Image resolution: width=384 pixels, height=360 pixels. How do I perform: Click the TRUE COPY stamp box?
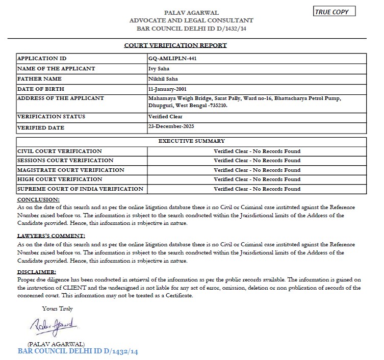tap(334, 12)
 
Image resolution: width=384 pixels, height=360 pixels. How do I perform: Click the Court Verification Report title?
tap(175, 45)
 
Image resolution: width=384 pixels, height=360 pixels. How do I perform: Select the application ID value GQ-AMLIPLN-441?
tap(172, 58)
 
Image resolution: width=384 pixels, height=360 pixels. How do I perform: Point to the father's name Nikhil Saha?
tap(162, 79)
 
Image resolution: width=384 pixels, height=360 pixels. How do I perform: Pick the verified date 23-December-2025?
tap(171, 126)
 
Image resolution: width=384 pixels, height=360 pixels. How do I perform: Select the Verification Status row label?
tap(52, 117)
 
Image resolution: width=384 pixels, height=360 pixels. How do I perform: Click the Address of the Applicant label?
tap(61, 98)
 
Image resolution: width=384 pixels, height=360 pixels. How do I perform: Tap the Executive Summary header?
tap(191, 141)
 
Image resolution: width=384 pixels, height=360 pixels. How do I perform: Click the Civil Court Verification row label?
tap(60, 151)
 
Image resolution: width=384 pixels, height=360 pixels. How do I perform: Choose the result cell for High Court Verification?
tap(257, 179)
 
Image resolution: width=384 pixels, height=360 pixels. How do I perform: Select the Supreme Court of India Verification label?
tap(80, 189)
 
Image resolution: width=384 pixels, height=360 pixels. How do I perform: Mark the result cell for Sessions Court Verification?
tap(257, 161)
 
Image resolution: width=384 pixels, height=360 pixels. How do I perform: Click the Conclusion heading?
tap(38, 199)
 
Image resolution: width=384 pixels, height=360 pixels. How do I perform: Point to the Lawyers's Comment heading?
tap(51, 236)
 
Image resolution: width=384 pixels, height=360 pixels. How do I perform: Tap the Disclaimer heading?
tap(37, 272)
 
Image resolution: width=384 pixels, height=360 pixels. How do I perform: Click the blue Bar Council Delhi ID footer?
tap(78, 351)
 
